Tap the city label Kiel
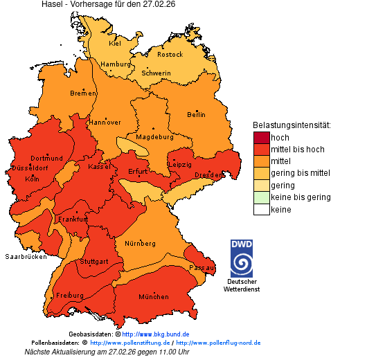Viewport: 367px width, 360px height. point(115,43)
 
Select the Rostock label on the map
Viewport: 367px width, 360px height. point(170,54)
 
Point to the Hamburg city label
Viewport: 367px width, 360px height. point(116,64)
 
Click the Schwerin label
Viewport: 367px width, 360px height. point(156,73)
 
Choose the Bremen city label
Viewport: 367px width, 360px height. point(83,93)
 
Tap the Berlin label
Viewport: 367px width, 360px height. point(196,114)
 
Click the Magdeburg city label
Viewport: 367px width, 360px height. point(154,136)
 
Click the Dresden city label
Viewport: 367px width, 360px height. point(208,175)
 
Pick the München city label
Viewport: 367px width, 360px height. point(154,296)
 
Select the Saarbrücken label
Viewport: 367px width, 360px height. point(26,256)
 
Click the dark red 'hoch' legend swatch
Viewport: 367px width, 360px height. point(261,138)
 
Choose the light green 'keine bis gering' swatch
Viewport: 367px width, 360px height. point(261,197)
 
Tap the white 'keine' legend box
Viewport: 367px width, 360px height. point(261,209)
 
